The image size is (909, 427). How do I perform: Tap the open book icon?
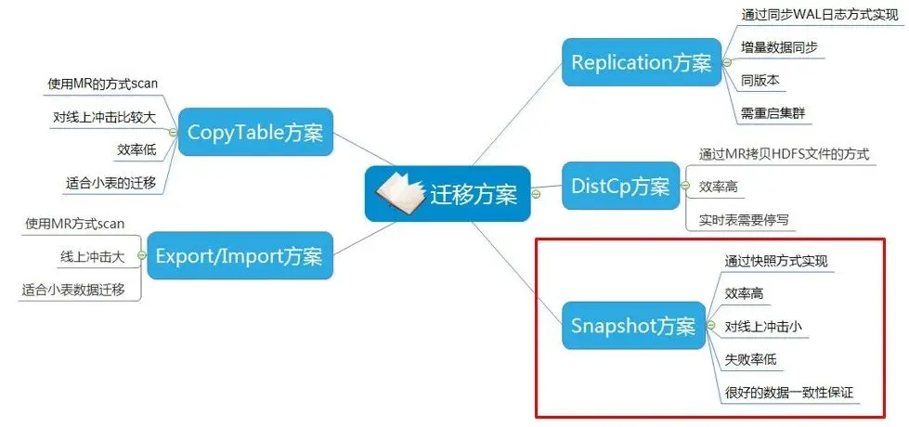(x=398, y=192)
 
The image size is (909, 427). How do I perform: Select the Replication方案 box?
(x=642, y=63)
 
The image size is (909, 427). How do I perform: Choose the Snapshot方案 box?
(x=632, y=326)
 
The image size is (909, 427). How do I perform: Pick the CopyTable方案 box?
(x=255, y=132)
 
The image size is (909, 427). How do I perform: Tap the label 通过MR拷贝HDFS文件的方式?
(x=785, y=154)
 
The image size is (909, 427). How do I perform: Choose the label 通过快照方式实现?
(x=776, y=261)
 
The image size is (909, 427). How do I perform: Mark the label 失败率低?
(x=750, y=359)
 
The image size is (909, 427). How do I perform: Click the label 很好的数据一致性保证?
(x=789, y=393)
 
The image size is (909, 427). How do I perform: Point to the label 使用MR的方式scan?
(x=102, y=84)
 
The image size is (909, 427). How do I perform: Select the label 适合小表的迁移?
(x=110, y=183)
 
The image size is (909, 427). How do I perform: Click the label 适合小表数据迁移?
(x=80, y=290)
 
